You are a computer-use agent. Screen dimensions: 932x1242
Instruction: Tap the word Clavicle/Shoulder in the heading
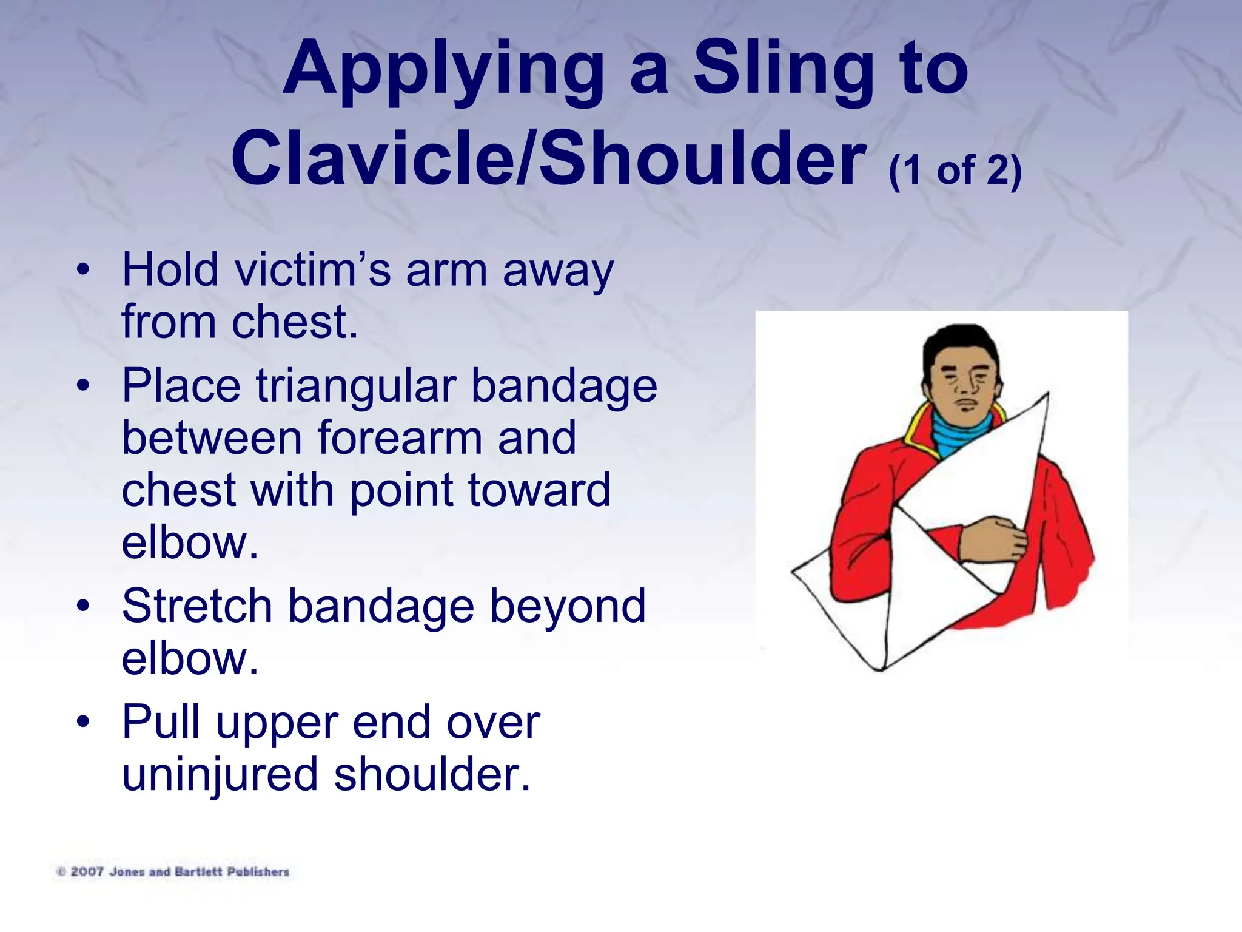pos(549,159)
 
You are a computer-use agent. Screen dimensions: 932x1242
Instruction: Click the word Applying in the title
pos(443,70)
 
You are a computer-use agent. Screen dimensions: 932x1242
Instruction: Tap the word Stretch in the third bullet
pos(197,606)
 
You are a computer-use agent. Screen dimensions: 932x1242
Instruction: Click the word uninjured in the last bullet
pos(220,774)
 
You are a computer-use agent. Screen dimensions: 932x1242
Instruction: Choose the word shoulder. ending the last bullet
pos(432,774)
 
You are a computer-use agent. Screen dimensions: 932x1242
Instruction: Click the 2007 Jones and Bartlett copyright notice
pos(173,872)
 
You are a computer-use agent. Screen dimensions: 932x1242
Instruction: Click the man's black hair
pos(958,343)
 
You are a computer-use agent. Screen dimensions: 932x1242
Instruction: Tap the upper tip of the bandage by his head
pos(1046,396)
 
